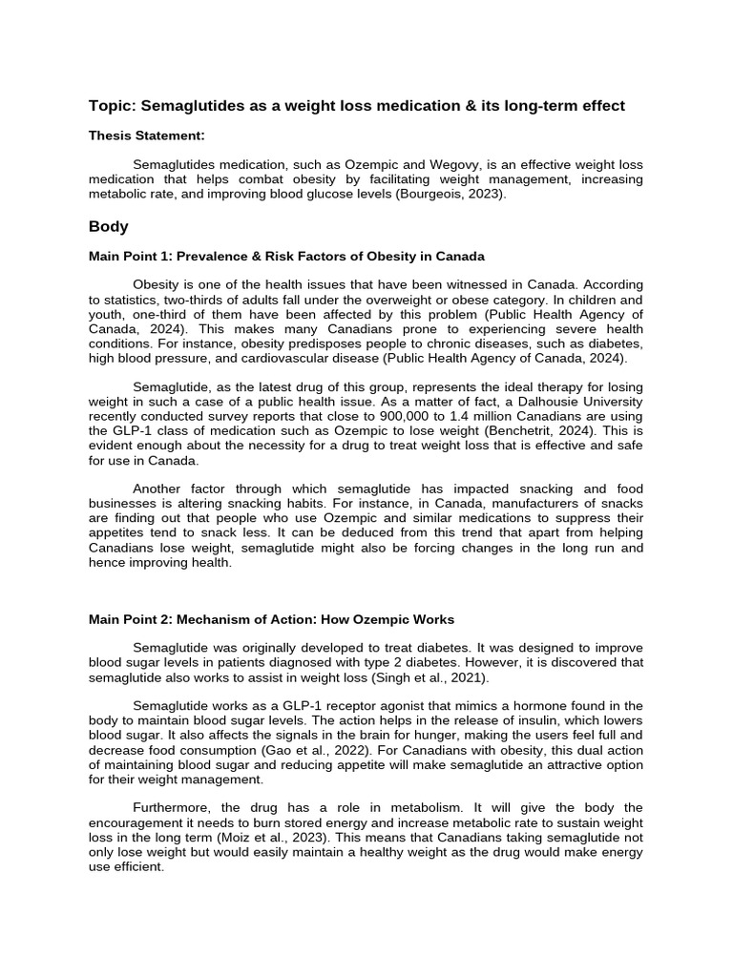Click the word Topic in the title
tap(112, 106)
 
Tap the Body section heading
tap(109, 227)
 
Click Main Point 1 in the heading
tap(128, 257)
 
